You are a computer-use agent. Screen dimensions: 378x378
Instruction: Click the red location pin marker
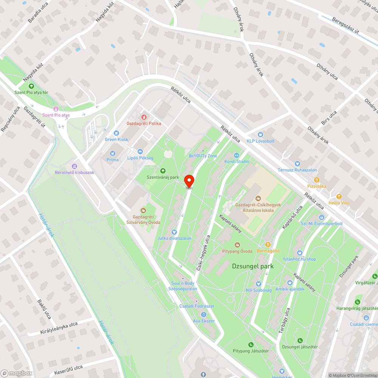[x=189, y=181]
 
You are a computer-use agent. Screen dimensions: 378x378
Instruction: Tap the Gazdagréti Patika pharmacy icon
[x=143, y=117]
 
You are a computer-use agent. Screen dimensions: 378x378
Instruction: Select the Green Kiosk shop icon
[x=116, y=133]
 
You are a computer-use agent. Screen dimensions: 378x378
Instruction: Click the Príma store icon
[x=112, y=153]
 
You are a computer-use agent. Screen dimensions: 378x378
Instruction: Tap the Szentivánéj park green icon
[x=163, y=171]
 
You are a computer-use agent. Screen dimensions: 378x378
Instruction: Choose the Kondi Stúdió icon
[x=237, y=155]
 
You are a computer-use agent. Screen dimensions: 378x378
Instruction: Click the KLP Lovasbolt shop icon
[x=260, y=135]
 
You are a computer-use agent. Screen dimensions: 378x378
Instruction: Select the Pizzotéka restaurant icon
[x=317, y=180]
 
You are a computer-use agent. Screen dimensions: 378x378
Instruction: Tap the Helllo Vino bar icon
[x=339, y=197]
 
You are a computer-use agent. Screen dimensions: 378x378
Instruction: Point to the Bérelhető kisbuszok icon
[x=74, y=166]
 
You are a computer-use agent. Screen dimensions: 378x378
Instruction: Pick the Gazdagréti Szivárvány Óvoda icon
[x=143, y=210]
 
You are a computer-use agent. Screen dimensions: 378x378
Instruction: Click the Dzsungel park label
[x=253, y=266]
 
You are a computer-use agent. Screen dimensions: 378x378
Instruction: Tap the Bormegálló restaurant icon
[x=268, y=245]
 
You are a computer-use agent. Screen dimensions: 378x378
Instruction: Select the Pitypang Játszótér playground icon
[x=251, y=344]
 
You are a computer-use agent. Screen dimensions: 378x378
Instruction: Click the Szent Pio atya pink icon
[x=56, y=109]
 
